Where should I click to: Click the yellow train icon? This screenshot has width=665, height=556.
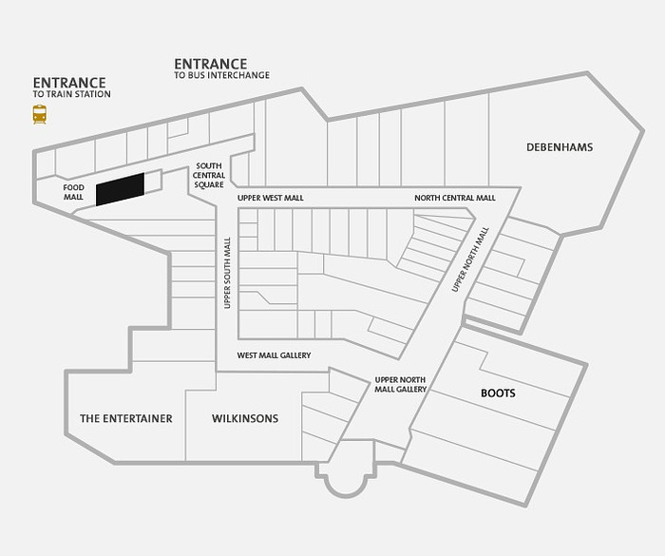tap(40, 115)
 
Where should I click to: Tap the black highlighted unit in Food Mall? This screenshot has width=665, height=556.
tap(120, 189)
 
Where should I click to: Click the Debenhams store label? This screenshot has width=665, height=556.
tap(560, 147)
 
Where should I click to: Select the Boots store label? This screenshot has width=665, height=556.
tap(498, 393)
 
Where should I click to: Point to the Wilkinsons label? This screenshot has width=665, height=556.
tap(245, 418)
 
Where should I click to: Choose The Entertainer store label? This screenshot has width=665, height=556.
tap(126, 418)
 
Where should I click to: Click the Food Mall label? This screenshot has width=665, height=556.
tap(74, 192)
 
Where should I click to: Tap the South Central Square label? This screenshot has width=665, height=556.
tap(209, 175)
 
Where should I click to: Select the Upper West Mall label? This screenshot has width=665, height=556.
tap(271, 198)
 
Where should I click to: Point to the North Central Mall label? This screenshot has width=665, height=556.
tap(455, 198)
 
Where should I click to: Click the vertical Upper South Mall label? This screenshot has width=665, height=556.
tap(227, 273)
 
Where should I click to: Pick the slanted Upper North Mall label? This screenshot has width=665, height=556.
tap(470, 259)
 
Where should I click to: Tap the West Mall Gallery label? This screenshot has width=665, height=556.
tap(274, 355)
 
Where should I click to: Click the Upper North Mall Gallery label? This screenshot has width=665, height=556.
tap(400, 385)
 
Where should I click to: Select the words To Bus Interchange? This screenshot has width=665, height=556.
tap(221, 75)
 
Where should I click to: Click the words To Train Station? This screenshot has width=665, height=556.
tap(71, 94)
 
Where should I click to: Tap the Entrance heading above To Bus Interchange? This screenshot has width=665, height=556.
tap(211, 64)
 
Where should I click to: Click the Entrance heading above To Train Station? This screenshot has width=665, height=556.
tap(69, 83)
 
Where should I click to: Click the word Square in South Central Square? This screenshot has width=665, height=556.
tap(209, 184)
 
